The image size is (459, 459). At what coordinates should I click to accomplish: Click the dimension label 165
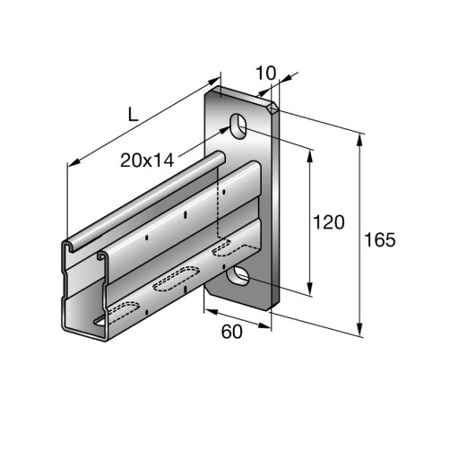(x=380, y=239)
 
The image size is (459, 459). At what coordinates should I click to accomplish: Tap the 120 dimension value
(x=328, y=222)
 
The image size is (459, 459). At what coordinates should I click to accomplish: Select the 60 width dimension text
(x=232, y=332)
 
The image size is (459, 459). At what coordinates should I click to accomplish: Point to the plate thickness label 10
(x=266, y=74)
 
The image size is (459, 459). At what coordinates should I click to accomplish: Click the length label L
(x=133, y=114)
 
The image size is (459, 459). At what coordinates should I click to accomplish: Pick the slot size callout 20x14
(x=147, y=160)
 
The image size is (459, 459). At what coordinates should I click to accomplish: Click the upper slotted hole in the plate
(x=238, y=126)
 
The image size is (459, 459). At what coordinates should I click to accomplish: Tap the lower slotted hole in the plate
(x=238, y=276)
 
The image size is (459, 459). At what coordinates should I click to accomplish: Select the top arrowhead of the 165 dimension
(x=360, y=140)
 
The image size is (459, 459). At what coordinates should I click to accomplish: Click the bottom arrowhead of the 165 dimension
(x=360, y=329)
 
